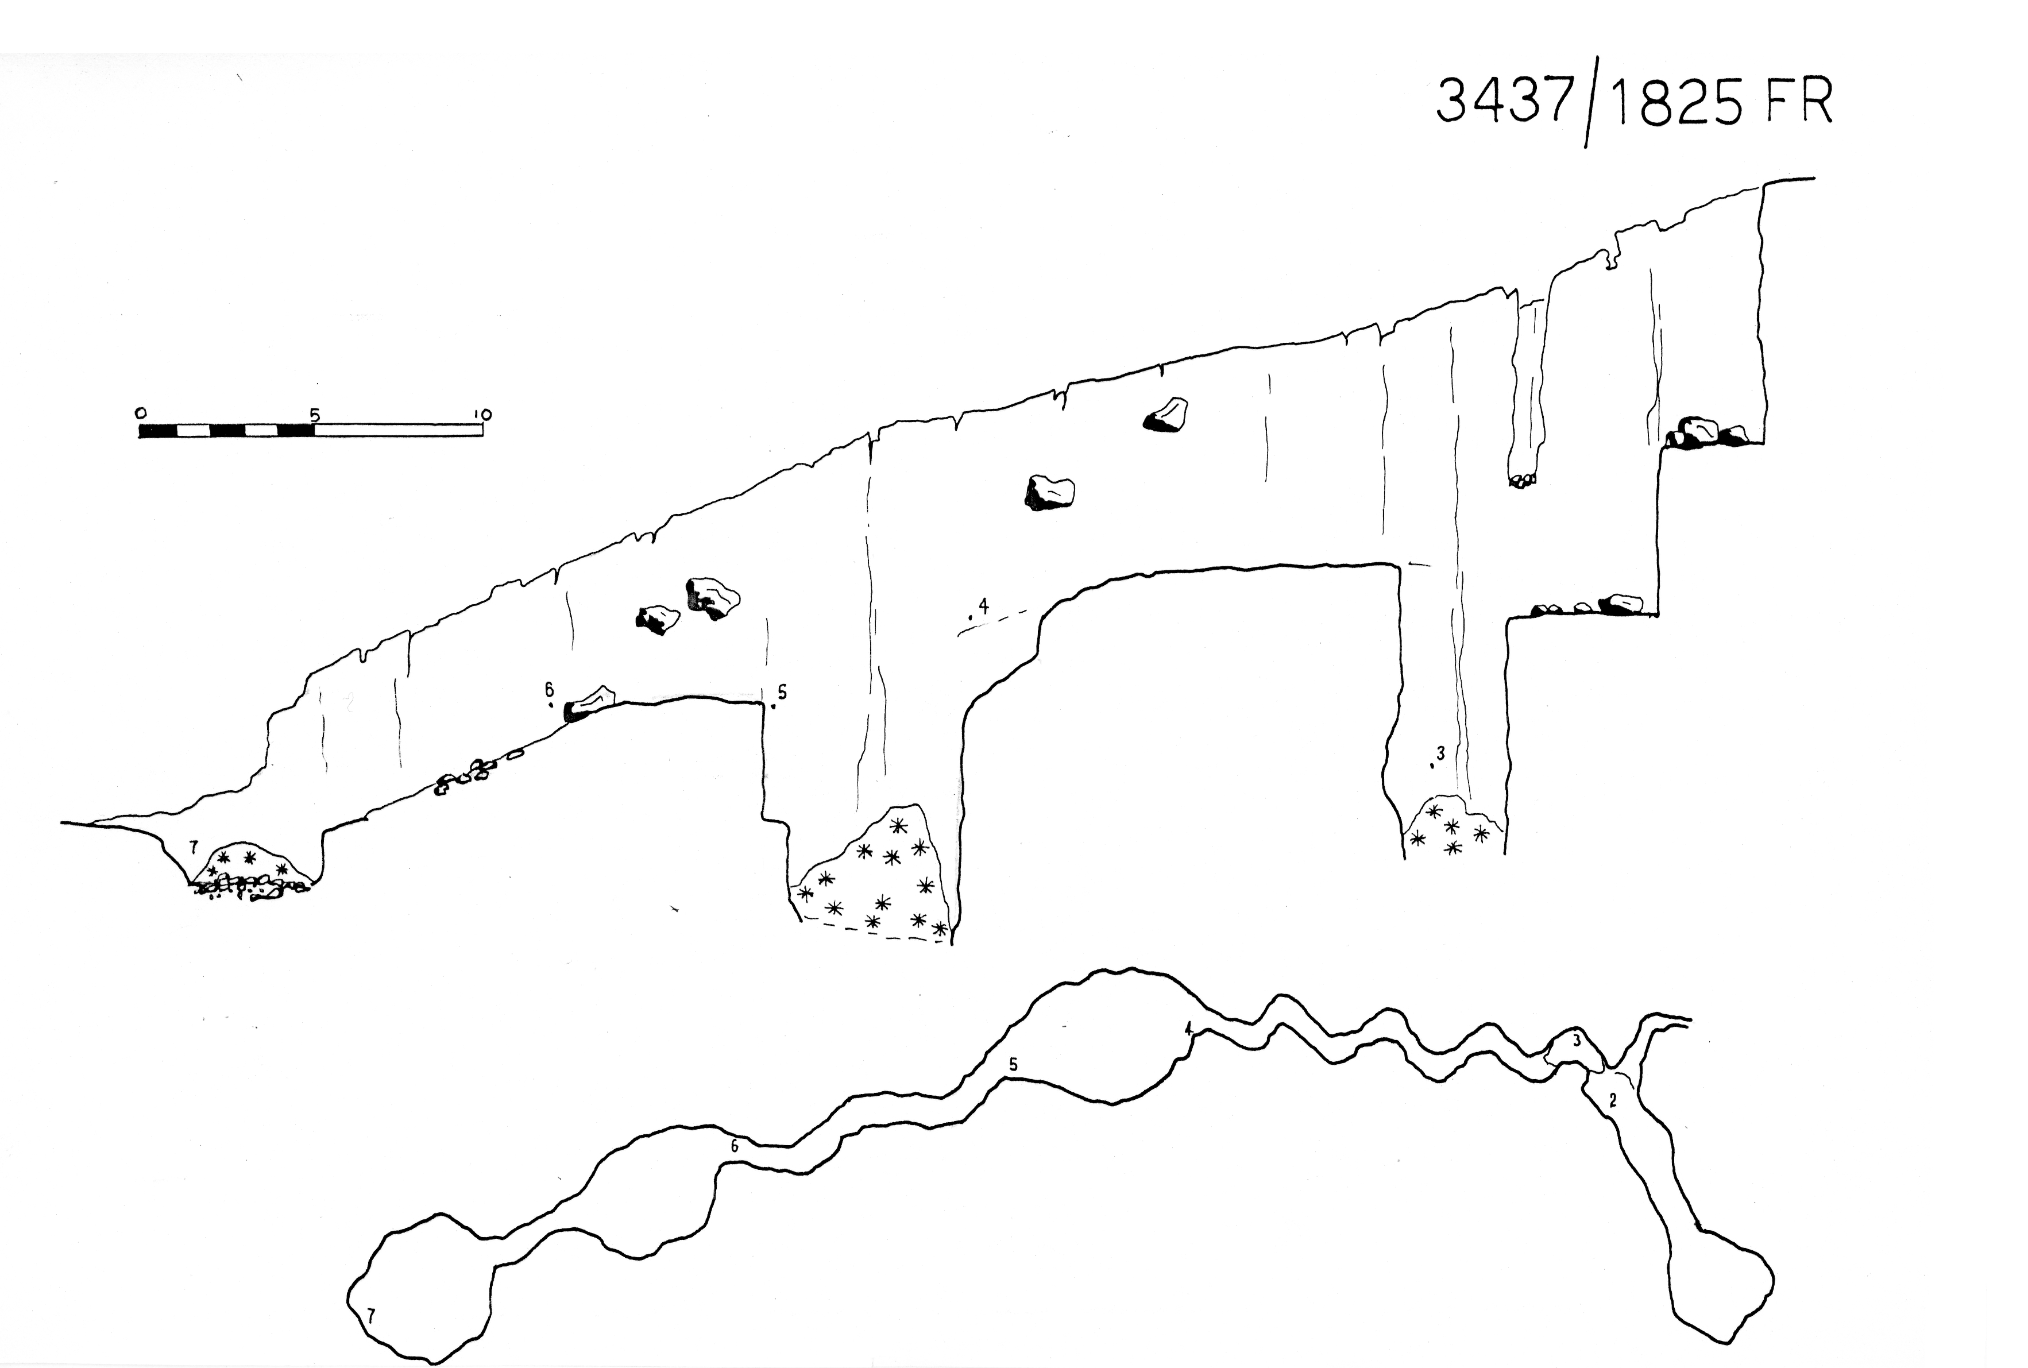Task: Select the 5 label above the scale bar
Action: click(315, 415)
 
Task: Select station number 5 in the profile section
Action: click(782, 692)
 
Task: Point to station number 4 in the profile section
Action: click(984, 605)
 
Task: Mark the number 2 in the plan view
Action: click(1613, 1101)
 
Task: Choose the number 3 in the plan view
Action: click(1576, 1041)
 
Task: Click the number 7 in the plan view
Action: click(370, 1316)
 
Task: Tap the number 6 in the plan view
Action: click(735, 1146)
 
